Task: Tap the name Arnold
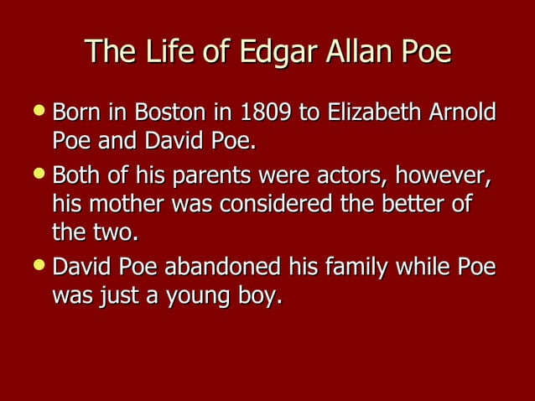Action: click(x=463, y=112)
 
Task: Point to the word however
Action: click(x=442, y=177)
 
